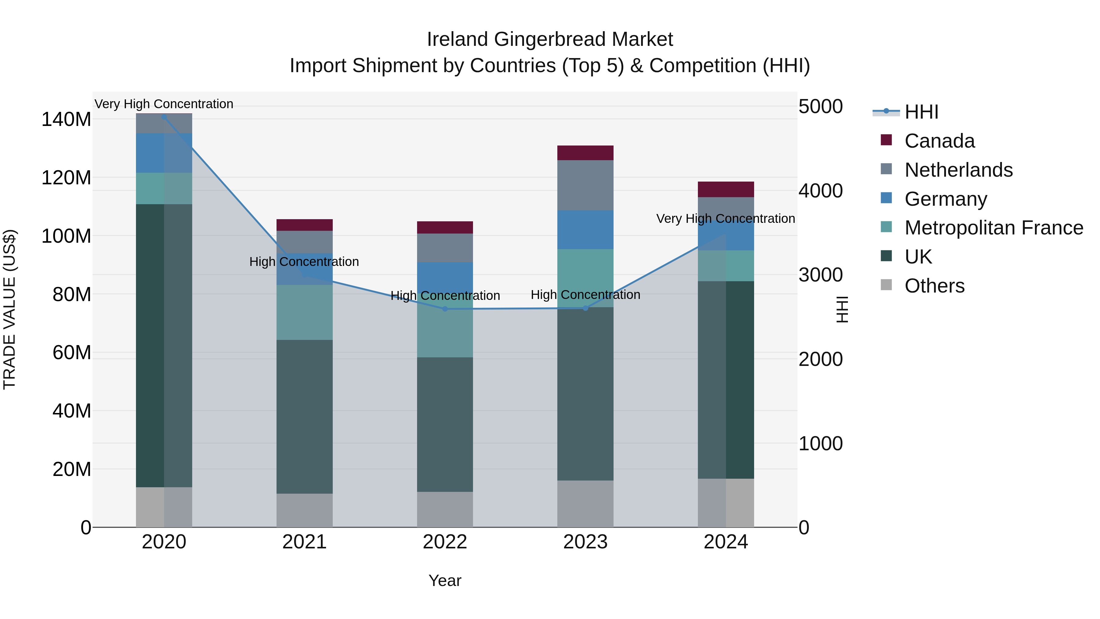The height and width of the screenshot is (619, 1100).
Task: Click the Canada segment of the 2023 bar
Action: coord(585,153)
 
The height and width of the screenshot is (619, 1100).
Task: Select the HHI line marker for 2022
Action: coord(445,309)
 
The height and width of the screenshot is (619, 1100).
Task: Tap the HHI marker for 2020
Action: coord(164,117)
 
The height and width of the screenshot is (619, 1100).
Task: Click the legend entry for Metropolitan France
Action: coord(993,228)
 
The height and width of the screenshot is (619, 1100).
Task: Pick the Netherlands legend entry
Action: coord(958,170)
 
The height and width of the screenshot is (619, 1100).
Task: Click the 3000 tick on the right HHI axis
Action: coord(820,275)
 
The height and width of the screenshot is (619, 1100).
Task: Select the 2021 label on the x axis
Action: coord(304,542)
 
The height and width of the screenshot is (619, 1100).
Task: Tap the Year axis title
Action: coord(445,580)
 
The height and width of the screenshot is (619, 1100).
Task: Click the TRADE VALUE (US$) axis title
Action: coord(9,309)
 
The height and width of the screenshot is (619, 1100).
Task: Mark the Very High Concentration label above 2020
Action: coord(164,104)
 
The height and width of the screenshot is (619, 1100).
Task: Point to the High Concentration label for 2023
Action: coord(585,295)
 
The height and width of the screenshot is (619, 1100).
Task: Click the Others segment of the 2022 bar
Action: coord(445,509)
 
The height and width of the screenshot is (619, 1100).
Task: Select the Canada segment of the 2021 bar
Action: coord(304,225)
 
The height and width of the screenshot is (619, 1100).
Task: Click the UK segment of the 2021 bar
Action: coord(304,417)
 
